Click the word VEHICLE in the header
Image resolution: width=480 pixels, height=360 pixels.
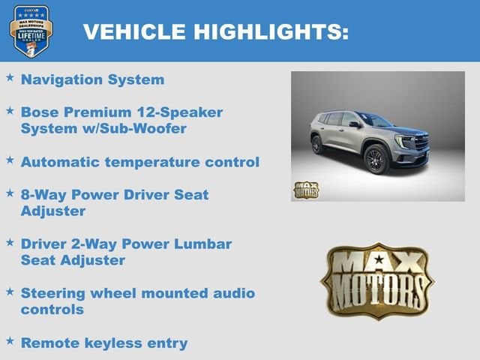[x=134, y=31]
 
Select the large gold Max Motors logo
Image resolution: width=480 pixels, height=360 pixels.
[x=376, y=280]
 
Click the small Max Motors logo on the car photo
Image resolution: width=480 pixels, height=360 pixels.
[x=305, y=190]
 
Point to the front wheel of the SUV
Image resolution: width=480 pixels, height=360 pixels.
[x=375, y=160]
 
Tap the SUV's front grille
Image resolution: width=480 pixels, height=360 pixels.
[x=421, y=142]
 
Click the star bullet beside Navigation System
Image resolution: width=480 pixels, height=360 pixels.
[x=10, y=77]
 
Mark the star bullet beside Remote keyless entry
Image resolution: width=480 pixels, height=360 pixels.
[x=10, y=341]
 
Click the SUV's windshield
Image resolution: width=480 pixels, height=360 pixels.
[x=373, y=120]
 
